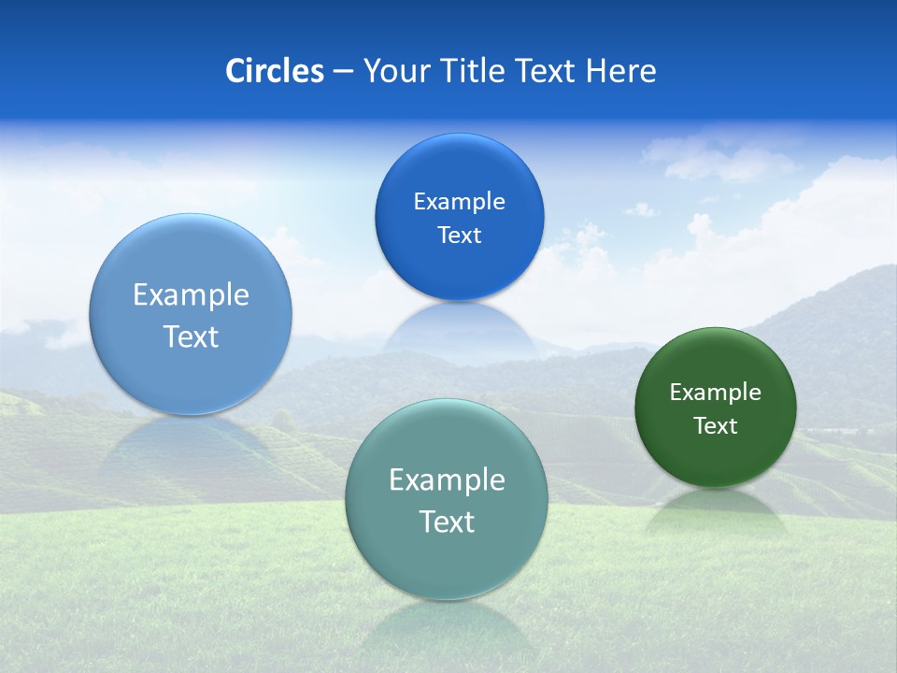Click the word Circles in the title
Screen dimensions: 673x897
point(275,71)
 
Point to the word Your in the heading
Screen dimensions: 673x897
point(393,71)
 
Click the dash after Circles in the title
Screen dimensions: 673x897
point(343,72)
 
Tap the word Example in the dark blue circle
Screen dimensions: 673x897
point(459,202)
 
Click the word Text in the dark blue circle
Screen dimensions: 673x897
point(459,236)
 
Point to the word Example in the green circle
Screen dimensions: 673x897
point(715,393)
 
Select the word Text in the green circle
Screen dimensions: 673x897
point(715,426)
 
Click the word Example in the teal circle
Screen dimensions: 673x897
point(447,480)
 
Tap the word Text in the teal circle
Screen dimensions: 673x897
point(447,522)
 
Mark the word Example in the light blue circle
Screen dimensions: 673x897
point(191,295)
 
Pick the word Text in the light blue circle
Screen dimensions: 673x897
point(191,336)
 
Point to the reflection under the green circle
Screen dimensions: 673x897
point(715,509)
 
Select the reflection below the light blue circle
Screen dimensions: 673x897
point(192,444)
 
